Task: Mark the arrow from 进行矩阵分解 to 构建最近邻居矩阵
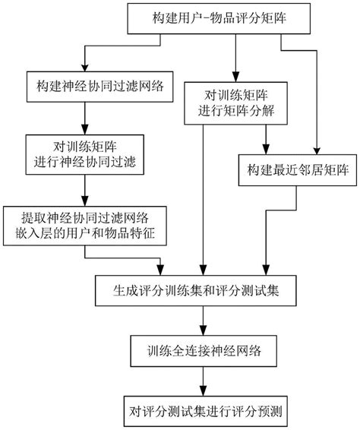click(264, 138)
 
